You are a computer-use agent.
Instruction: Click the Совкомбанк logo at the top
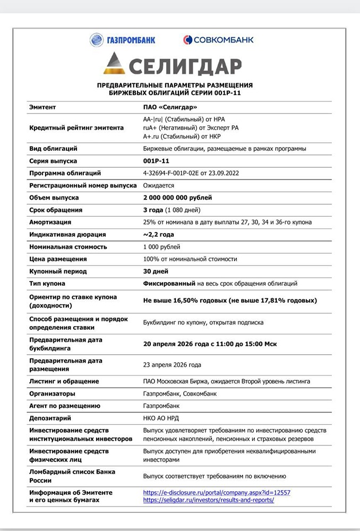click(x=218, y=40)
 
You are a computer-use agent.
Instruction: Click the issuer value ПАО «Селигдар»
click(x=167, y=107)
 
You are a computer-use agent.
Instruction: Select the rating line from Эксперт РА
click(x=191, y=127)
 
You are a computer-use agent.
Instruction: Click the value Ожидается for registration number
click(x=159, y=185)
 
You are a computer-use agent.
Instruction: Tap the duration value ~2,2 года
click(x=158, y=234)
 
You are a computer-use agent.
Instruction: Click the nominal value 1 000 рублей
click(x=161, y=246)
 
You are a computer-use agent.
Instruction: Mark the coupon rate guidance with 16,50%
click(x=230, y=301)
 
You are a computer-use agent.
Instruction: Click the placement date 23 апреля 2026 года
click(x=172, y=365)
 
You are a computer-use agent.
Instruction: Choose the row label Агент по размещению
click(x=65, y=406)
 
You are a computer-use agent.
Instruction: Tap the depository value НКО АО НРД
click(x=161, y=418)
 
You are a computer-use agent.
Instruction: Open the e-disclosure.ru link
click(x=217, y=492)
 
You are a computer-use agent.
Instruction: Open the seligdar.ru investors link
click(x=208, y=500)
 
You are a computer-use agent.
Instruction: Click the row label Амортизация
click(x=50, y=222)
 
